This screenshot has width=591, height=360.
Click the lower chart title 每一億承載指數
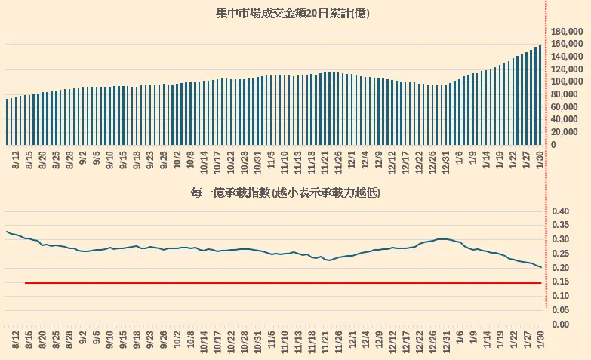click(x=285, y=193)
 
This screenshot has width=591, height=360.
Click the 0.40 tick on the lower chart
click(x=561, y=211)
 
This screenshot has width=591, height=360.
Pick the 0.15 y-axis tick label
click(x=561, y=282)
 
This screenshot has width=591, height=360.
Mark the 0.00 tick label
click(x=561, y=325)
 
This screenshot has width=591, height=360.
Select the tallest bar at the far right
click(x=540, y=94)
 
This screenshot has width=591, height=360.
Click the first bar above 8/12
click(x=8, y=121)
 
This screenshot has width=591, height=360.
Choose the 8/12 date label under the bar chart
click(x=17, y=159)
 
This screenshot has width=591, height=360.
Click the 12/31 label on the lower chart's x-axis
click(x=445, y=340)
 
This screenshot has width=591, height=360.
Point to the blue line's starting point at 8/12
click(x=7, y=232)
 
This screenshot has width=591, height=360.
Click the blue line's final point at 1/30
click(x=540, y=267)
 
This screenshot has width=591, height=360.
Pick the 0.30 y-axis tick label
click(x=561, y=240)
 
